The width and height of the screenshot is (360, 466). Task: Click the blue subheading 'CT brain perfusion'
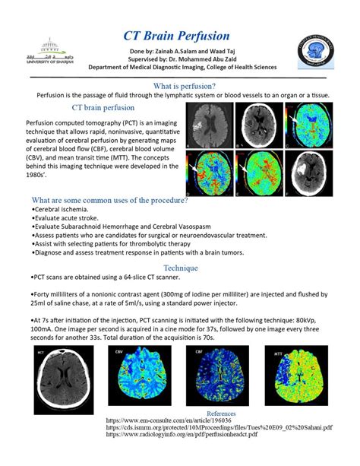(x=81, y=109)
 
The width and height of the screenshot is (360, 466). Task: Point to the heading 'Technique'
(x=180, y=268)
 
